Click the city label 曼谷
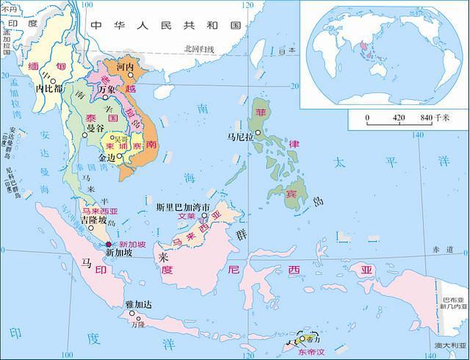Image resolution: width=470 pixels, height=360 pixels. click(96, 128)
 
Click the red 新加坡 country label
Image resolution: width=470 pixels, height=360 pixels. click(132, 244)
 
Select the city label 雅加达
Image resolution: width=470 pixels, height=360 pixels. click(139, 303)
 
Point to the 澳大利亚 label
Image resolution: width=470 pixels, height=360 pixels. click(451, 345)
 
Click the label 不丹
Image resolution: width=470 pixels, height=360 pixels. click(8, 7)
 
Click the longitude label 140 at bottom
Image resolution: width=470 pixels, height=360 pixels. click(440, 355)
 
